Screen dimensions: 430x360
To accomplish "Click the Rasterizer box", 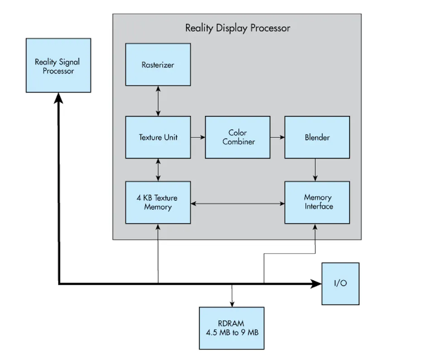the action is pyautogui.click(x=158, y=64).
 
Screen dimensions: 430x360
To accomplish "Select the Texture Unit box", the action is pyautogui.click(x=158, y=137).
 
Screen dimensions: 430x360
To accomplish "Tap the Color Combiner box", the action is pyautogui.click(x=238, y=137).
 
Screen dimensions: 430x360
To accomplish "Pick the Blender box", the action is pyautogui.click(x=317, y=137).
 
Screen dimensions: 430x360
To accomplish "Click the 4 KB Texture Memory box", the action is pyautogui.click(x=158, y=202).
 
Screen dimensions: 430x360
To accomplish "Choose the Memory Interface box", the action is pyautogui.click(x=317, y=202).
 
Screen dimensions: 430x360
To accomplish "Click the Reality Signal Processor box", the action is pyautogui.click(x=58, y=65).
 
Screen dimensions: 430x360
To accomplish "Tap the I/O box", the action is pyautogui.click(x=340, y=284).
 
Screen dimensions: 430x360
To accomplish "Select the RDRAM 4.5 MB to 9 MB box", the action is pyautogui.click(x=232, y=328).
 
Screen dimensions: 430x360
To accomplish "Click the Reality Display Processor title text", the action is pyautogui.click(x=238, y=28).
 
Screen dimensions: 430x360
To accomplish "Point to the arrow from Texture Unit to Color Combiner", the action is pyautogui.click(x=198, y=137).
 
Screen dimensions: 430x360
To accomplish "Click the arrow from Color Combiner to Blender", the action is pyautogui.click(x=277, y=137).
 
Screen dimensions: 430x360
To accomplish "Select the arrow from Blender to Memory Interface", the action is pyautogui.click(x=315, y=170).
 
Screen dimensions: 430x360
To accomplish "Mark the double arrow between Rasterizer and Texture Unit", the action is pyautogui.click(x=158, y=101).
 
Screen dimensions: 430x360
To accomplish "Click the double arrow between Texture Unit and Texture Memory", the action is pyautogui.click(x=158, y=170).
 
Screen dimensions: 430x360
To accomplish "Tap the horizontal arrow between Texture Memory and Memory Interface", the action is pyautogui.click(x=238, y=204).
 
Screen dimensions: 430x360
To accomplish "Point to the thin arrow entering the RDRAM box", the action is pyautogui.click(x=232, y=296).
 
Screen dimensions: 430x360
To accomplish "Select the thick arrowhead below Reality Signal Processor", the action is pyautogui.click(x=58, y=98).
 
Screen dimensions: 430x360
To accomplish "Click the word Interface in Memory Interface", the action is pyautogui.click(x=319, y=206).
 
